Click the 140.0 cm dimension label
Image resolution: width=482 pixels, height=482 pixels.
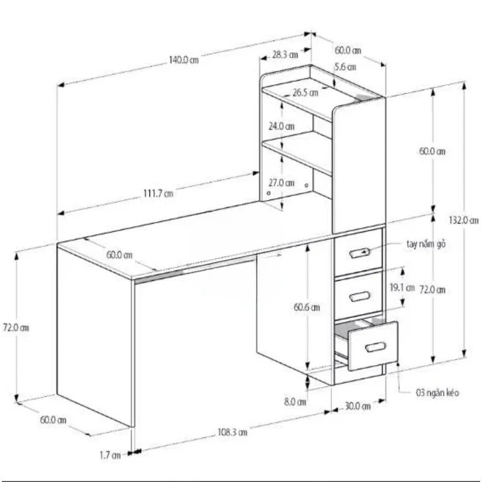[183, 60]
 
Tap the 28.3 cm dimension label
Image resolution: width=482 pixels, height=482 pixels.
[285, 54]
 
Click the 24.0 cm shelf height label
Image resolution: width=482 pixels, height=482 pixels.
[281, 127]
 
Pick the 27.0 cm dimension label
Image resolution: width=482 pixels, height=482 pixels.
[281, 183]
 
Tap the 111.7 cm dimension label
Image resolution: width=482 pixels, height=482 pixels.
[158, 193]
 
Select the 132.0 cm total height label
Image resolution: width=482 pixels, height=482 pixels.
[466, 220]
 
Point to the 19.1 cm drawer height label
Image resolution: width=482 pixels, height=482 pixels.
[402, 287]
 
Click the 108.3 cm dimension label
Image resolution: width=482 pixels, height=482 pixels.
[233, 432]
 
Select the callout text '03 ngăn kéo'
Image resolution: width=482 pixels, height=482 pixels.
[437, 393]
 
